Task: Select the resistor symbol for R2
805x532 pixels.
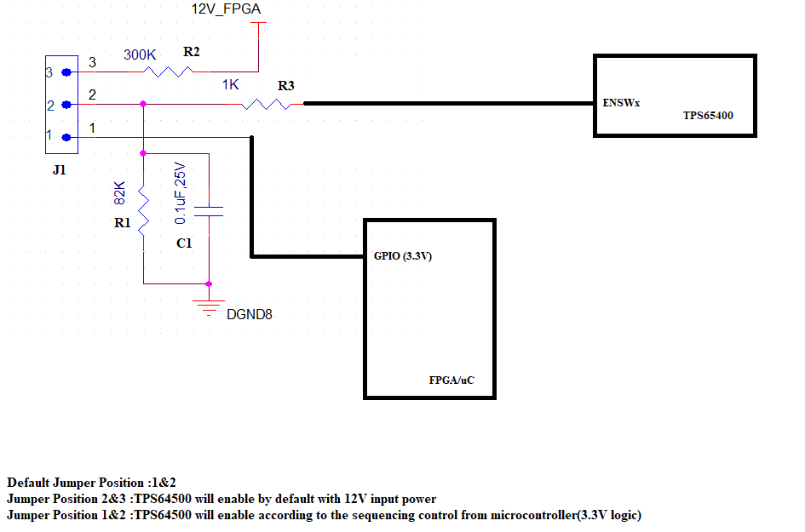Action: point(170,72)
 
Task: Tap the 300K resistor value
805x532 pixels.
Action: point(140,54)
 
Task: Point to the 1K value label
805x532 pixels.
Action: point(230,85)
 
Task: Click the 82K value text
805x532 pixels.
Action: point(120,193)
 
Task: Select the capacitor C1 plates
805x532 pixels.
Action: point(209,211)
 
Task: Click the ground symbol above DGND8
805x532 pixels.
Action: point(209,307)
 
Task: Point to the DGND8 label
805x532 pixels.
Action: point(250,315)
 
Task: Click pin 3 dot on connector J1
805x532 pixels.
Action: point(66,73)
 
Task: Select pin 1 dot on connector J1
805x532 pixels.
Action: point(66,137)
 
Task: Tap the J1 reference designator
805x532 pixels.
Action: point(59,169)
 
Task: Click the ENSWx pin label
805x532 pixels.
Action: point(620,103)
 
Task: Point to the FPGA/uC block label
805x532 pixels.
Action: point(451,380)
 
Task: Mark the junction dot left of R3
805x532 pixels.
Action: point(143,104)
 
